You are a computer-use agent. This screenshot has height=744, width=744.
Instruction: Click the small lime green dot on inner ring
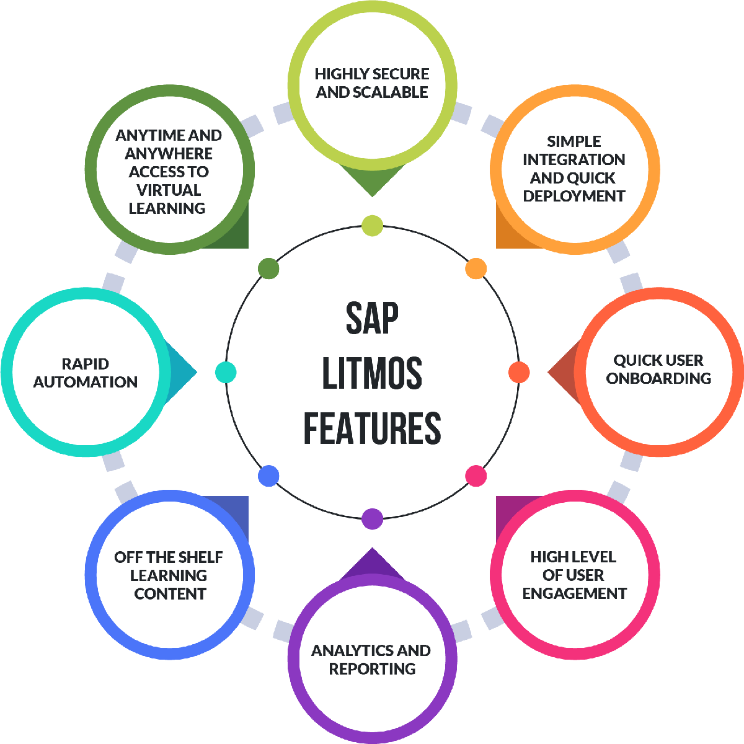372,225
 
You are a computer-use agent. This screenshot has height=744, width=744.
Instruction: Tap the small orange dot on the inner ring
476,268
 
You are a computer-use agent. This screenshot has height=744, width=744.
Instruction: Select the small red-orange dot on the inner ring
519,372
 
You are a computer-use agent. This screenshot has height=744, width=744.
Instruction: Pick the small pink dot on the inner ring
476,476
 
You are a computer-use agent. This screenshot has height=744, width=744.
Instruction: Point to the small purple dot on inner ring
372,518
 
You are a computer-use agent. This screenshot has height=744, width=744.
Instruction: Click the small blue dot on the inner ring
268,476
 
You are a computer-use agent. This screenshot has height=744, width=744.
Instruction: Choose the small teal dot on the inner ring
226,372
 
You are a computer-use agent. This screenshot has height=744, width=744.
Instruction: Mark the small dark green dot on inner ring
268,268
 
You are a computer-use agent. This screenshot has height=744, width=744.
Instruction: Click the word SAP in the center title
372,318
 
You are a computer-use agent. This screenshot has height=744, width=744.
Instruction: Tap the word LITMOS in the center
372,373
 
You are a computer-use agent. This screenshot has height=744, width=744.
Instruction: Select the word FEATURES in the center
372,428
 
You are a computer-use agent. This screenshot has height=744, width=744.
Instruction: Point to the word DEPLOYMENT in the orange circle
573,196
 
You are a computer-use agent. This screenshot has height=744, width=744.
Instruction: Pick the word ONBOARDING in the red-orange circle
658,378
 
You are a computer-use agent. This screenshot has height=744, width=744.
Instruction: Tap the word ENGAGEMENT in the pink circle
574,593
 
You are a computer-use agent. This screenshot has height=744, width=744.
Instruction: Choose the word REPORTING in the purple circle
372,669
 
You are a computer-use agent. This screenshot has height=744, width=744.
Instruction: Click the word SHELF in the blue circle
198,557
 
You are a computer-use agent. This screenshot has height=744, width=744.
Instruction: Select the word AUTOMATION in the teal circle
86,382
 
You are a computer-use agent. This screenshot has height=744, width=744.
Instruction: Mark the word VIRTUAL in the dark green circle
169,190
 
